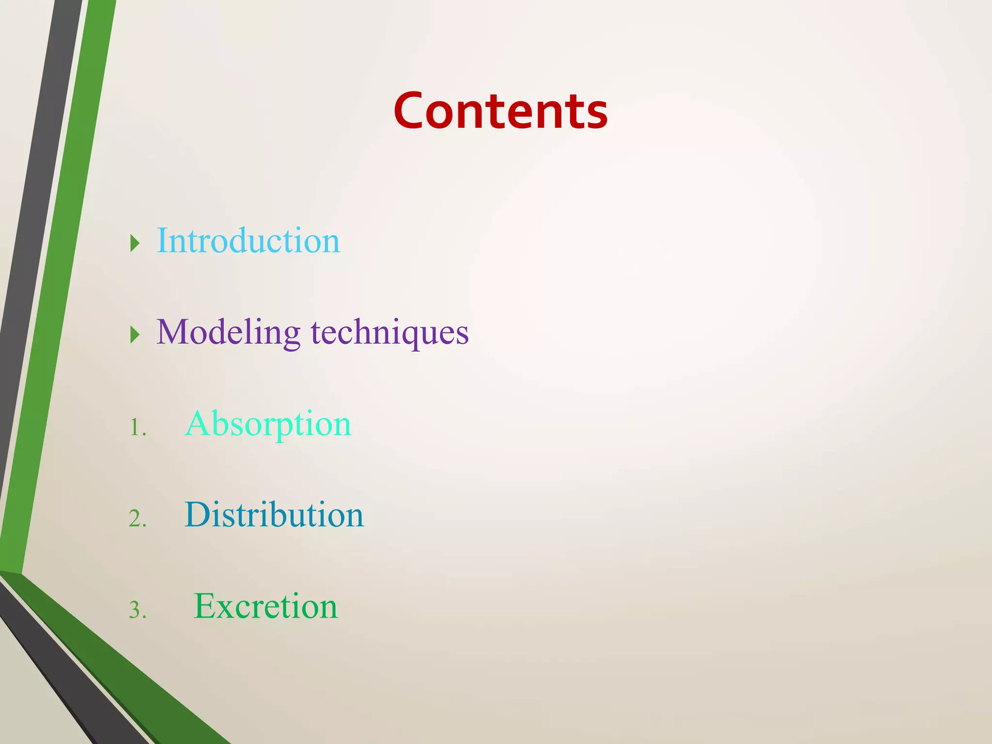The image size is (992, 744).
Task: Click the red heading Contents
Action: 500,111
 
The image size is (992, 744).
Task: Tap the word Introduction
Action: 248,241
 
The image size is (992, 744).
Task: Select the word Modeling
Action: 228,333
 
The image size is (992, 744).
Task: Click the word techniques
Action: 390,333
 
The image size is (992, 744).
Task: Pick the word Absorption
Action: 268,424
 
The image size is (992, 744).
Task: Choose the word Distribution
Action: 274,515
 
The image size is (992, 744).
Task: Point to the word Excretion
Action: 265,606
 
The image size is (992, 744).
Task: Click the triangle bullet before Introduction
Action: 135,243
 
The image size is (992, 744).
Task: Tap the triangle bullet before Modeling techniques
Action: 135,335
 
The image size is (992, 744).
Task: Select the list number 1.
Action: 137,428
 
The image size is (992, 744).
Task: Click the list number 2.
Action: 137,519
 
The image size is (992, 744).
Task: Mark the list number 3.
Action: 137,610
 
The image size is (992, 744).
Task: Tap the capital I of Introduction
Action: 162,241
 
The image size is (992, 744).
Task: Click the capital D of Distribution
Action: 198,515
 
